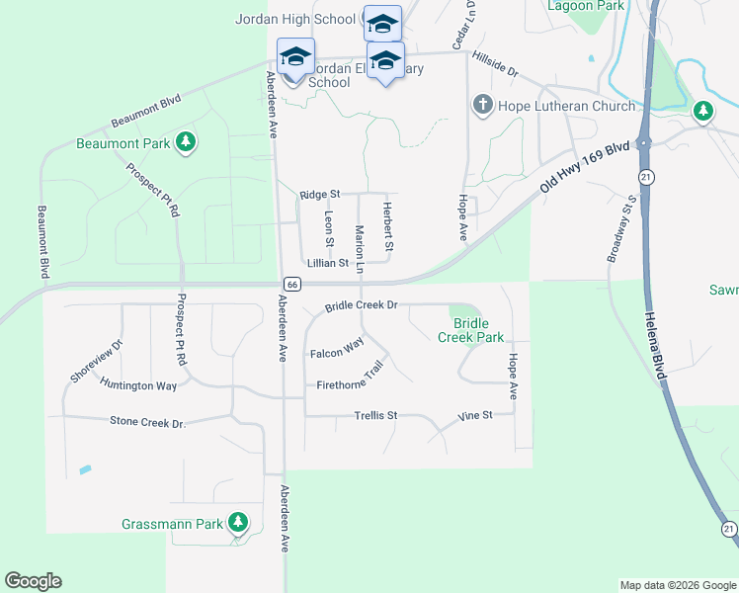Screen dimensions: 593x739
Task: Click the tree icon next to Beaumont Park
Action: coord(185,142)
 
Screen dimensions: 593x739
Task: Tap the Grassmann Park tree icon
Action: coord(237,522)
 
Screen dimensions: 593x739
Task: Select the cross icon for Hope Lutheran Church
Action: coord(483,105)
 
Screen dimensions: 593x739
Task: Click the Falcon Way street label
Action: coord(337,351)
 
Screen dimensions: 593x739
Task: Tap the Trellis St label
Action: coord(375,416)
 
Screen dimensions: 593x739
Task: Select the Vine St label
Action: coord(475,416)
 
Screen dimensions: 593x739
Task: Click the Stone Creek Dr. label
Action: coord(148,423)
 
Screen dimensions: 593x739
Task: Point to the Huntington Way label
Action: coord(138,385)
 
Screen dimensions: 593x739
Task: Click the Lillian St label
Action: coord(328,263)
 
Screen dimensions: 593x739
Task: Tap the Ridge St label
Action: coord(320,195)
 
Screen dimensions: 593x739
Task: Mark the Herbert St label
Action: coord(389,226)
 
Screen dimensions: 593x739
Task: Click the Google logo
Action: coord(33,581)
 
